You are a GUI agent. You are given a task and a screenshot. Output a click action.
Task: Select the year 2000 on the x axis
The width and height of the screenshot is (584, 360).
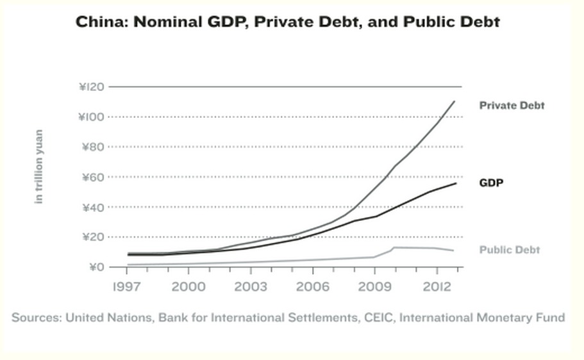tap(188, 286)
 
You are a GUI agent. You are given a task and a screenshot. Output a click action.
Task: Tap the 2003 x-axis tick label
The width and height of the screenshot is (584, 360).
tap(250, 286)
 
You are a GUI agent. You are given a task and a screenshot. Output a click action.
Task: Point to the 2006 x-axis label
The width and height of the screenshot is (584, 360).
tap(312, 286)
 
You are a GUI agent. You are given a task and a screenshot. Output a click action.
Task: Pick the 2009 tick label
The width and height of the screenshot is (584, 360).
tap(374, 286)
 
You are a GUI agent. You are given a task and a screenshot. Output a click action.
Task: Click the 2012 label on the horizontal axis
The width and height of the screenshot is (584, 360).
tap(437, 286)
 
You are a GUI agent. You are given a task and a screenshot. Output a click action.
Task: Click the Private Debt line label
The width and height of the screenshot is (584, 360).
tap(512, 105)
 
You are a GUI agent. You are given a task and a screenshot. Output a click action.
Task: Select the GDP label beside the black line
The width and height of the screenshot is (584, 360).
tap(491, 183)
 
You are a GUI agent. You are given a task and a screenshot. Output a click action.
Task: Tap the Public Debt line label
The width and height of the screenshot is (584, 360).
tap(510, 250)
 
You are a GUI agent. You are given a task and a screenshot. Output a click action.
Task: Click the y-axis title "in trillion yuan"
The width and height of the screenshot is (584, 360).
tap(39, 167)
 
